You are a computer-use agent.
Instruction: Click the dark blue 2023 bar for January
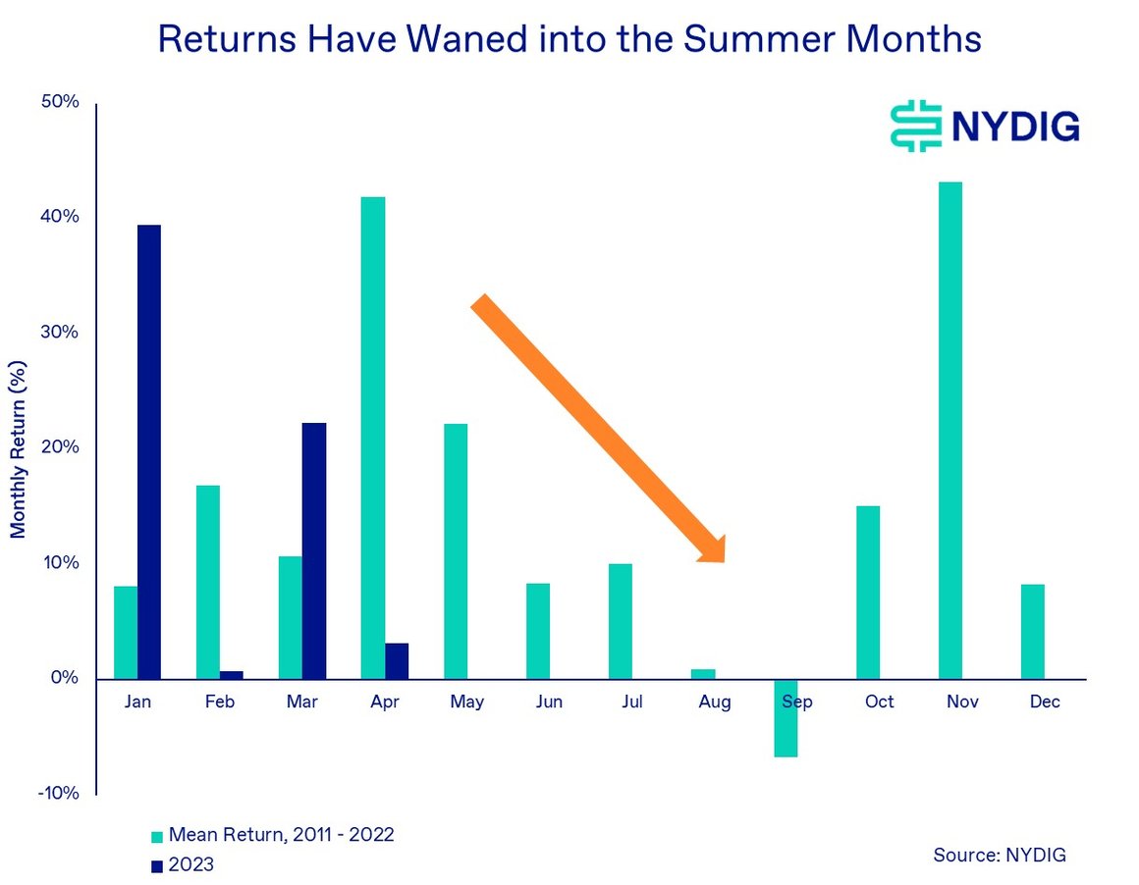(x=149, y=451)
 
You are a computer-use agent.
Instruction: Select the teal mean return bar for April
(x=373, y=438)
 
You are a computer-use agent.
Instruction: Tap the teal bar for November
(x=950, y=430)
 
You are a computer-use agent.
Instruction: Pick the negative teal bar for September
(x=786, y=718)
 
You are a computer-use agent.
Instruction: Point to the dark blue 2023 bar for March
(x=314, y=550)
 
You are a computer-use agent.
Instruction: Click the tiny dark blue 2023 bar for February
(x=232, y=675)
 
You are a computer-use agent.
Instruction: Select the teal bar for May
(x=456, y=550)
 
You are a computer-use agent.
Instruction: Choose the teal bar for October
(x=868, y=592)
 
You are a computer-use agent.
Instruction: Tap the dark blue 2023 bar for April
(x=397, y=660)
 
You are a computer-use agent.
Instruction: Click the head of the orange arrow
(x=711, y=548)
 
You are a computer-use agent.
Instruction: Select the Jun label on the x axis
(x=550, y=703)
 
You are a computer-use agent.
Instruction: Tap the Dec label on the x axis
(x=1045, y=703)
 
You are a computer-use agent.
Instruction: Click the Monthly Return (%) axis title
(x=19, y=448)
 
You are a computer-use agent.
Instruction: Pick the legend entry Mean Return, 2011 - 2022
(x=281, y=835)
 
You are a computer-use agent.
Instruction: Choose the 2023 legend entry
(x=190, y=864)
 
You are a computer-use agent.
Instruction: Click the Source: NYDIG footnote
(x=999, y=856)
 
